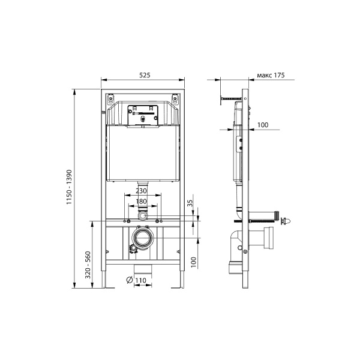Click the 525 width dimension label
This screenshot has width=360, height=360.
[x=144, y=75]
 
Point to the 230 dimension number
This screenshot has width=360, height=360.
[x=143, y=191]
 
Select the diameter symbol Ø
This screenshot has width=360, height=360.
[x=130, y=279]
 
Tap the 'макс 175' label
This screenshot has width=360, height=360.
[x=270, y=75]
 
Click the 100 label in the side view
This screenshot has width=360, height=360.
[x=262, y=124]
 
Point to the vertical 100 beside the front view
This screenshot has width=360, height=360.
[x=193, y=263]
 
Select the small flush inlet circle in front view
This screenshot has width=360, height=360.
[x=143, y=214]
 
